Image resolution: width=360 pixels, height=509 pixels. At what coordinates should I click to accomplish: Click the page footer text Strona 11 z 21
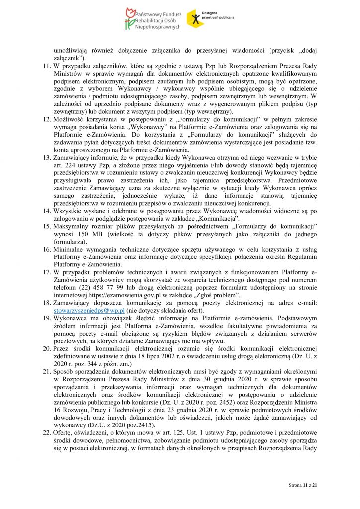(303, 484)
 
